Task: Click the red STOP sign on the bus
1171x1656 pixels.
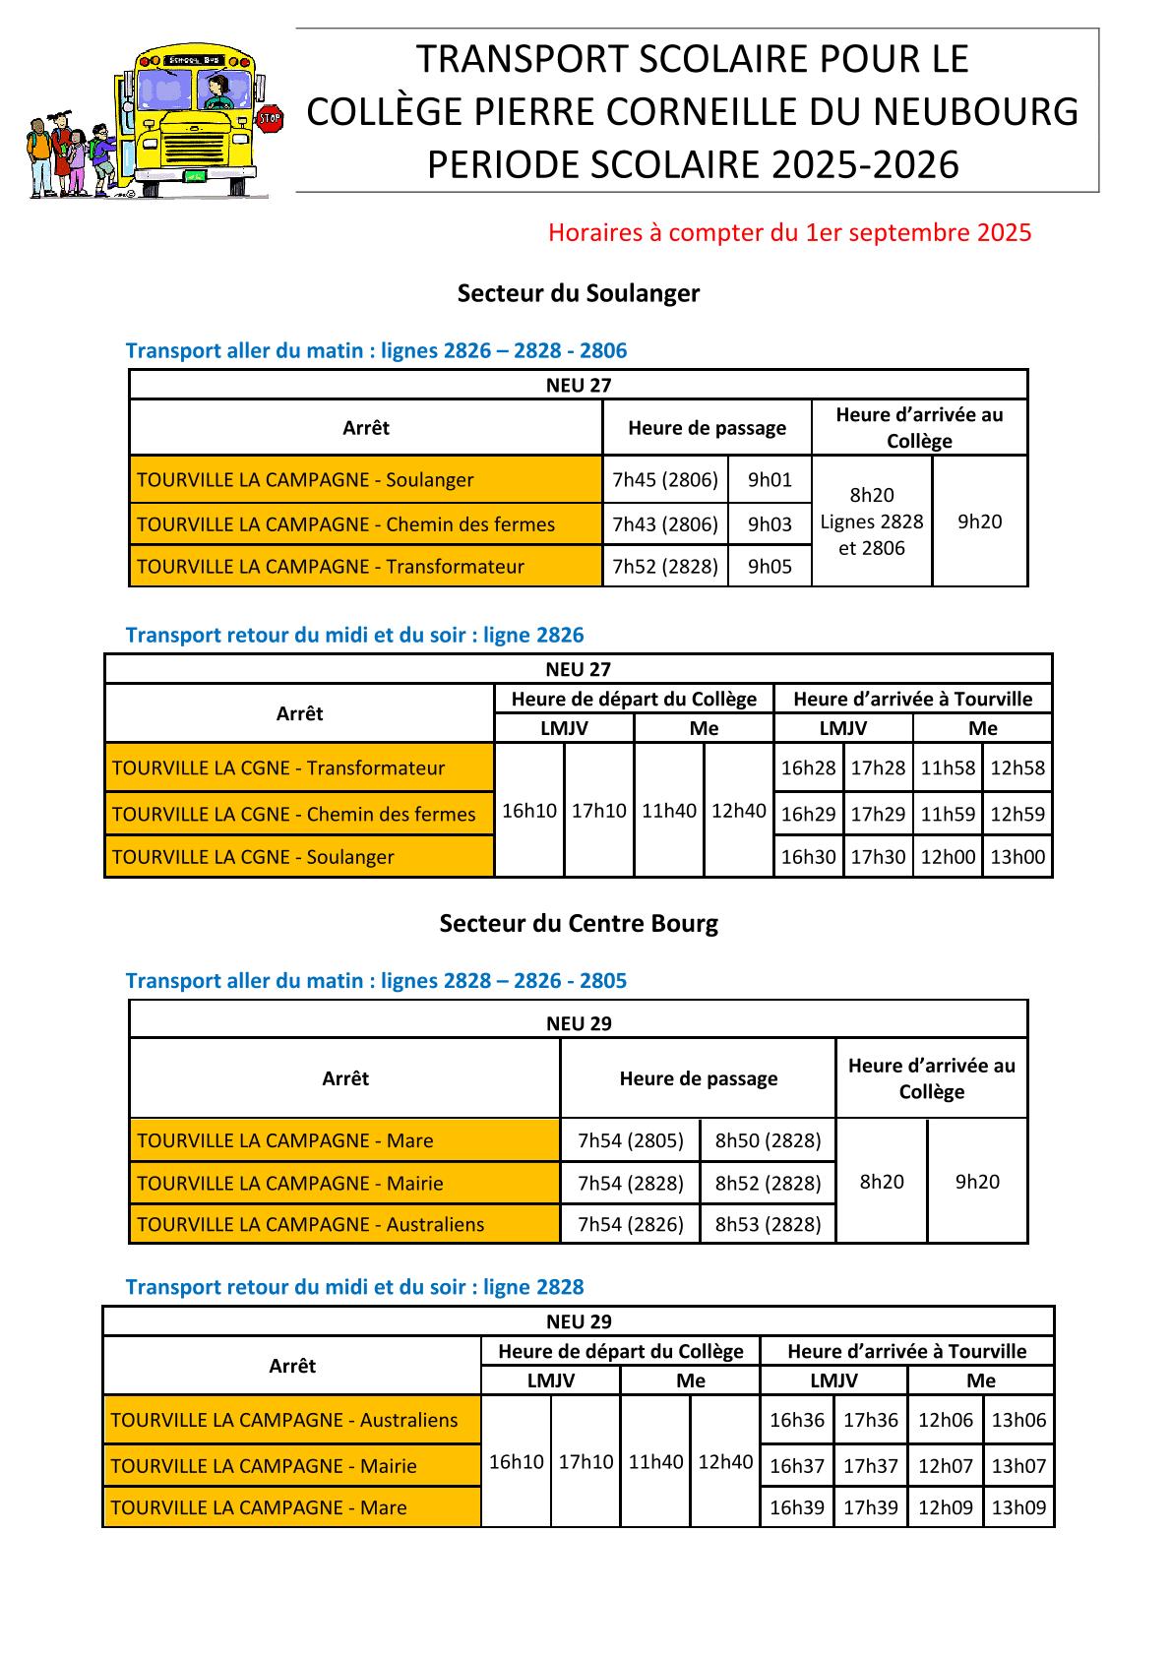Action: coord(269,120)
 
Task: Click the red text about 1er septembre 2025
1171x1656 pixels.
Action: coord(789,233)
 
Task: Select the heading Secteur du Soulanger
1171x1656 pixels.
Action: coord(579,293)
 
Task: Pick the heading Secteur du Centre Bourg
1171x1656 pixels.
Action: coord(579,924)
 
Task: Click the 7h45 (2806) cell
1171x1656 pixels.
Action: coord(665,480)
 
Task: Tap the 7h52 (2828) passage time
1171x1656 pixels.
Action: coord(665,567)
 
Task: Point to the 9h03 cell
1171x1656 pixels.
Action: coord(770,524)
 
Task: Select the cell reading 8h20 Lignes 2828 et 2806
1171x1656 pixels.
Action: coord(872,521)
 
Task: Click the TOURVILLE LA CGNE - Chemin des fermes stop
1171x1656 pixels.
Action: coord(294,815)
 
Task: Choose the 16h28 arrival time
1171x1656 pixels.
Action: coord(808,768)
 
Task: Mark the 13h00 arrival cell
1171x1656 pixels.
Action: coord(1017,857)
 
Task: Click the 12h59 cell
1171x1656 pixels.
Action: coord(1017,815)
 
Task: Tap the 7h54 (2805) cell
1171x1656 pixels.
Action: coord(631,1141)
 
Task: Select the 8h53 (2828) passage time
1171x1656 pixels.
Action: coord(768,1225)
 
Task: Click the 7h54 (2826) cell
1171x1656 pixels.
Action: coord(631,1225)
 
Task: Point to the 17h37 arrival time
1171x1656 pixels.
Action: coord(871,1466)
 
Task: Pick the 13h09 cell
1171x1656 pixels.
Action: coord(1018,1507)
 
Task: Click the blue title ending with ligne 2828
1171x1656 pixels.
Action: coord(354,1287)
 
